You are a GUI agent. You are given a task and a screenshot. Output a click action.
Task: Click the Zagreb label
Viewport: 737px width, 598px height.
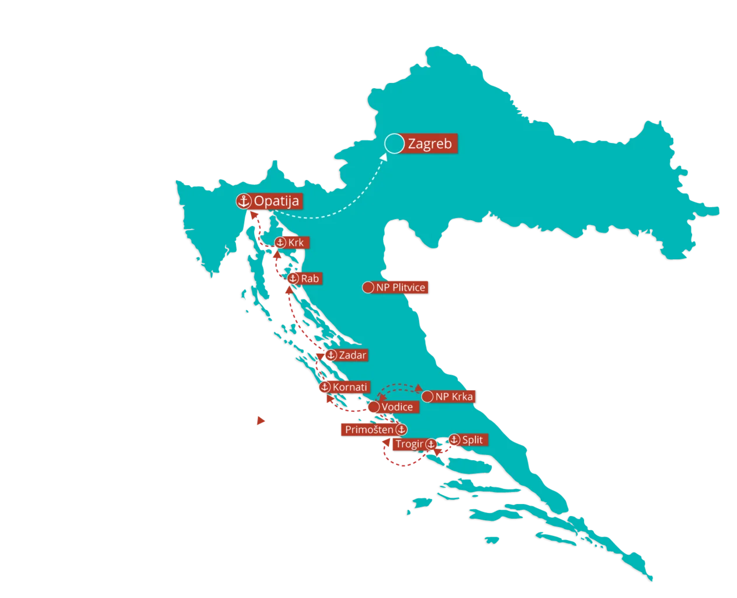pyautogui.click(x=430, y=144)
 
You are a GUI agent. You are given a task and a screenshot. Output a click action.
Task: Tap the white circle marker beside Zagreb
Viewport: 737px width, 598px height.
pyautogui.click(x=395, y=144)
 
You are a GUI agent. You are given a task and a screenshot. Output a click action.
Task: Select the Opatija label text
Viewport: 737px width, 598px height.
pyautogui.click(x=276, y=201)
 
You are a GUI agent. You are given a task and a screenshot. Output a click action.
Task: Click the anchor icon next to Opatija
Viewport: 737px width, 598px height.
pyautogui.click(x=243, y=201)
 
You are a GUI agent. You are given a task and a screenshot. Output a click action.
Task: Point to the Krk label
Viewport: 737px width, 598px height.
pyautogui.click(x=296, y=242)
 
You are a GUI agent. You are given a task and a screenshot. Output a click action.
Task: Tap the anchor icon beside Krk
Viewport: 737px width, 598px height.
pyautogui.click(x=280, y=242)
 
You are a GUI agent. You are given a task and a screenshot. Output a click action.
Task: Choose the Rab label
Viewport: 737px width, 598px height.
pyautogui.click(x=310, y=279)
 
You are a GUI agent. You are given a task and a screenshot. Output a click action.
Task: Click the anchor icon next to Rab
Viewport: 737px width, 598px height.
pyautogui.click(x=293, y=279)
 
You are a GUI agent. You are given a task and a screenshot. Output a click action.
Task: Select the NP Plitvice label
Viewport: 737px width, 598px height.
pyautogui.click(x=401, y=287)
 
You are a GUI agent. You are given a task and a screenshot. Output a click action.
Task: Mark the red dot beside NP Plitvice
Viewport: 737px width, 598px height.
pyautogui.click(x=368, y=287)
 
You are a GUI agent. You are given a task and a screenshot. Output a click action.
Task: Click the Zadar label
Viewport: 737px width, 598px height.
pyautogui.click(x=352, y=355)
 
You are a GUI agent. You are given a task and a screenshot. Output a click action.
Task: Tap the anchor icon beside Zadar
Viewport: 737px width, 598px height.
pyautogui.click(x=331, y=355)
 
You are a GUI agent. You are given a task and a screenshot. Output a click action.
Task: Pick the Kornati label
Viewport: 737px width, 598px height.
pyautogui.click(x=350, y=387)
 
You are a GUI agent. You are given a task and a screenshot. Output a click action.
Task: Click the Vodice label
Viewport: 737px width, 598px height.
pyautogui.click(x=397, y=407)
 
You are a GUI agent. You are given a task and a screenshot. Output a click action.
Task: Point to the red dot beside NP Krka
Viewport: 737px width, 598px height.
pyautogui.click(x=427, y=397)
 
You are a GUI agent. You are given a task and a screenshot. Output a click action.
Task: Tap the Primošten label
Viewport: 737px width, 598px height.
pyautogui.click(x=369, y=430)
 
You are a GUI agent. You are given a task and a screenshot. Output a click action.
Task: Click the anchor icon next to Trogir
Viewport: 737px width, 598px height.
pyautogui.click(x=430, y=444)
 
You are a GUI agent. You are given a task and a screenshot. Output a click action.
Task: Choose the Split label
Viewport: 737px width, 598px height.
pyautogui.click(x=472, y=440)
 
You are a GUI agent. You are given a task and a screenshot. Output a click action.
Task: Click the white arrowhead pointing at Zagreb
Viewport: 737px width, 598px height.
pyautogui.click(x=384, y=157)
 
